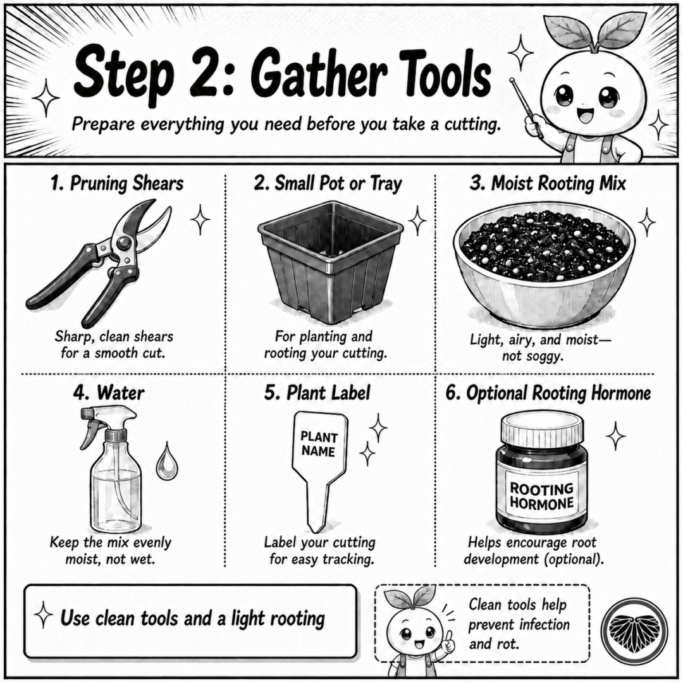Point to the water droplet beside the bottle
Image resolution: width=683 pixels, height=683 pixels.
click(167, 461)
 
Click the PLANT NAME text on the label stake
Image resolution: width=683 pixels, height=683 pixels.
click(319, 444)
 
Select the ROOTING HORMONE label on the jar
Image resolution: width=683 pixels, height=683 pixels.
click(541, 496)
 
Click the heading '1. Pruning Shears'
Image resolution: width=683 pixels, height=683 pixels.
click(117, 183)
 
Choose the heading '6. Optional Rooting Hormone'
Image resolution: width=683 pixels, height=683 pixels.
click(548, 393)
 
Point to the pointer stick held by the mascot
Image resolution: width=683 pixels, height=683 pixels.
click(527, 108)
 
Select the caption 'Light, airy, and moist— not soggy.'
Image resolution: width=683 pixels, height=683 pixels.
click(540, 348)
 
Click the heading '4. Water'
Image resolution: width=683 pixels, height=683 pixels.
click(109, 393)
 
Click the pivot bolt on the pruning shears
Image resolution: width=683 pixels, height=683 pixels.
click(123, 243)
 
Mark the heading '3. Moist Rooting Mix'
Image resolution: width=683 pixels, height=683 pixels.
click(548, 183)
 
